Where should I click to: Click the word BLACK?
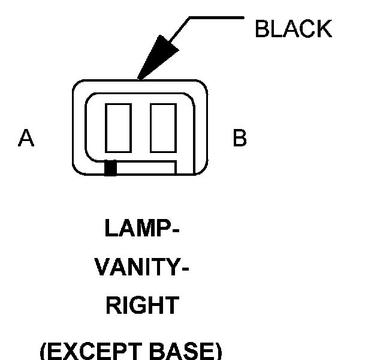pos(293,29)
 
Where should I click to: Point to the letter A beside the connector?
pos(26,139)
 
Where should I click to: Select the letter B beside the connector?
pos(239,139)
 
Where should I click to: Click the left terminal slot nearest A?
pos(118,128)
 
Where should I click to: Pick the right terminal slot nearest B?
pos(162,128)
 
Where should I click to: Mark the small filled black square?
pos(110,169)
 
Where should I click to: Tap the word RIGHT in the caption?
pos(142,306)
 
